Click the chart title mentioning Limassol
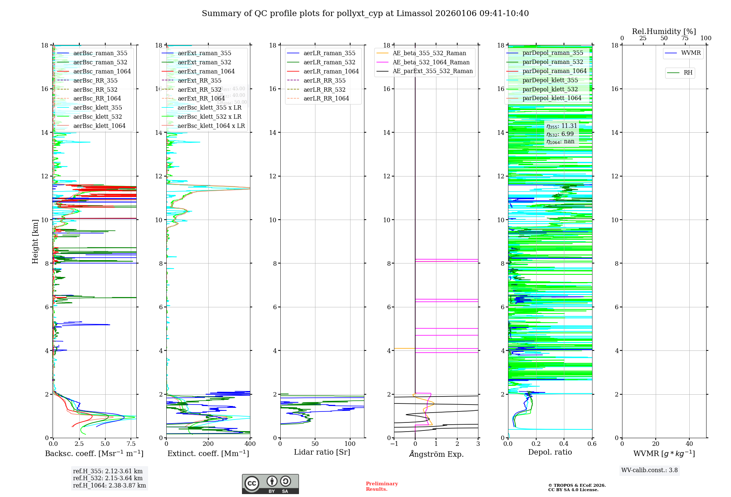[365, 14]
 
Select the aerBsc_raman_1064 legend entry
[102, 71]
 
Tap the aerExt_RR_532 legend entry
[199, 90]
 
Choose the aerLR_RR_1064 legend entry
[326, 98]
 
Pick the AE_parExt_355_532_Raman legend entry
[432, 71]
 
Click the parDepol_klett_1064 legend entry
[552, 98]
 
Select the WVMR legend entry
[691, 53]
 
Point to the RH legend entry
[688, 73]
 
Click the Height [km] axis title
[35, 242]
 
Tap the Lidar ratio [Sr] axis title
[322, 452]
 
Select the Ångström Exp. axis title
[436, 454]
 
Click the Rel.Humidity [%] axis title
[664, 31]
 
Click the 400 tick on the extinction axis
[250, 444]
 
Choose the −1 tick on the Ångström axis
[394, 444]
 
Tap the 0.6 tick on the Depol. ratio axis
[592, 444]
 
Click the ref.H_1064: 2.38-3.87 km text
[109, 485]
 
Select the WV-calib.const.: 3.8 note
[649, 470]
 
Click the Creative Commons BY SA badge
[270, 484]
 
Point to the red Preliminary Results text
[382, 486]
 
